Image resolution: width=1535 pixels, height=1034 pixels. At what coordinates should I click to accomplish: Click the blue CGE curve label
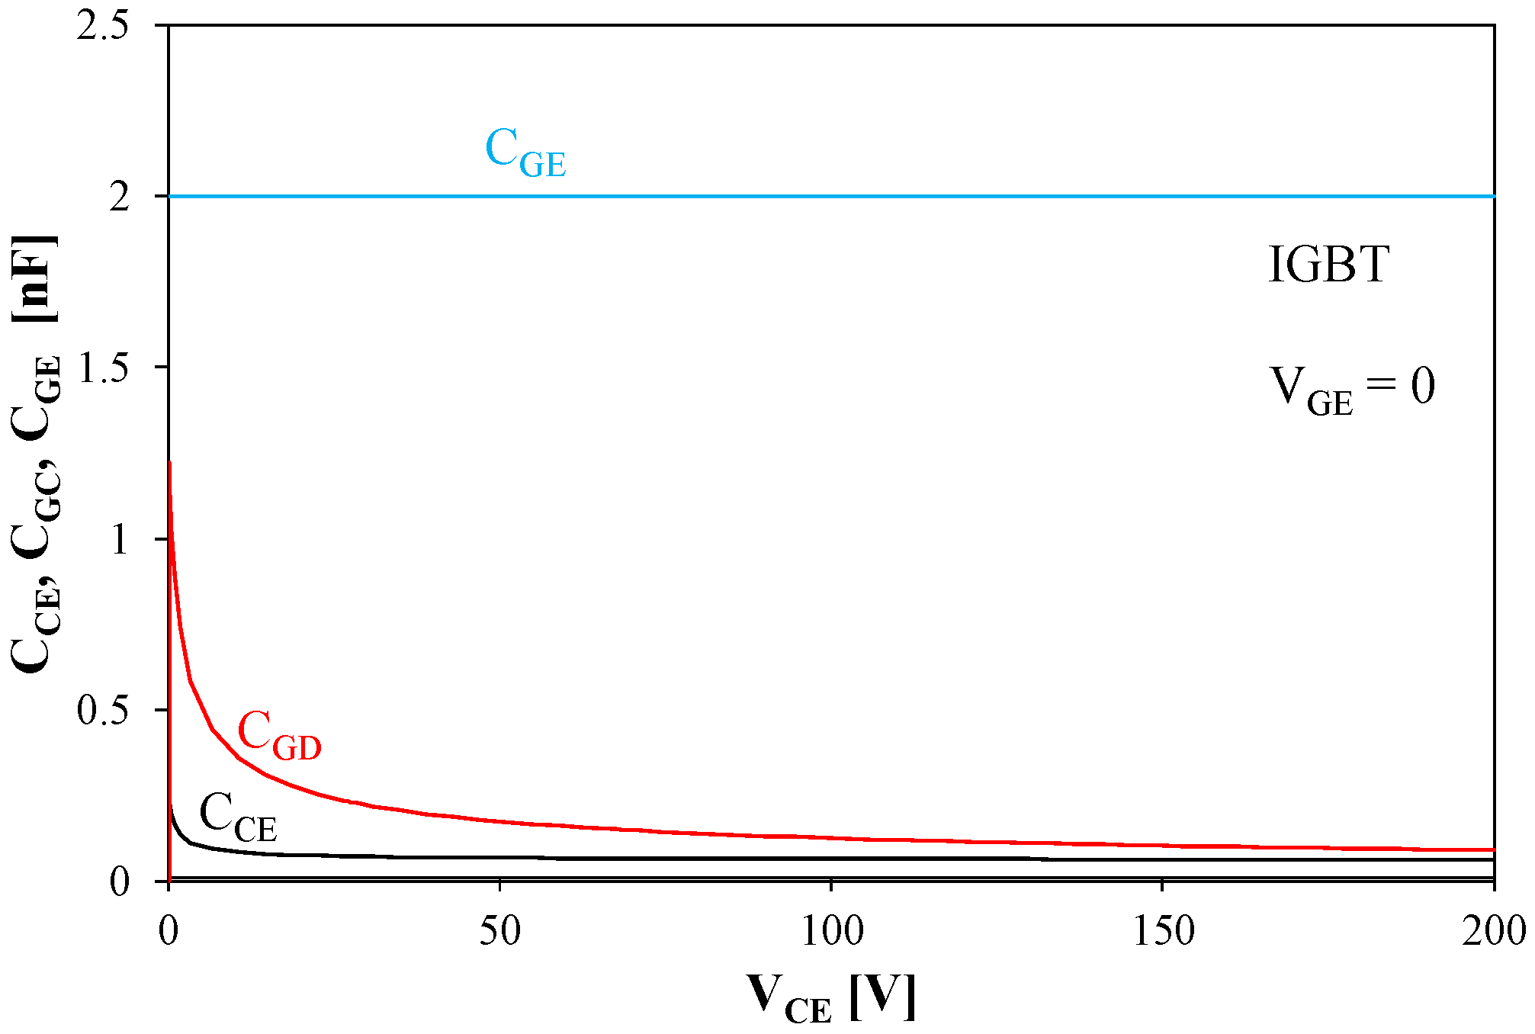(x=525, y=153)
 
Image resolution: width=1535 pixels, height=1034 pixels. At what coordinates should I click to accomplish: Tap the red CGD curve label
(x=279, y=736)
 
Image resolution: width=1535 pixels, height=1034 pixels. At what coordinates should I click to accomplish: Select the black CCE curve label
(x=238, y=817)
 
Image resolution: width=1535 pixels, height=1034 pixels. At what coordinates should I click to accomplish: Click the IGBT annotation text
(x=1328, y=265)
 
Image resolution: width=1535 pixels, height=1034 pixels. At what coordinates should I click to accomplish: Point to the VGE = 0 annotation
(x=1352, y=389)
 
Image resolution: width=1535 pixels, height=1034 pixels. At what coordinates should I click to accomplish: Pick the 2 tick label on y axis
(x=120, y=197)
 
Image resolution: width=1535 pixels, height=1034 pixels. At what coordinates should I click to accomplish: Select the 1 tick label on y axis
(x=120, y=540)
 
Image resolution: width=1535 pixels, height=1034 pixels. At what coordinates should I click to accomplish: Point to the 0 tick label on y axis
(x=120, y=882)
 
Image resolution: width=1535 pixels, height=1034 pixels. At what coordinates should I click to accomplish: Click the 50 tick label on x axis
(x=499, y=931)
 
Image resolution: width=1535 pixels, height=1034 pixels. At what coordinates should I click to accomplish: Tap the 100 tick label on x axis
(x=831, y=931)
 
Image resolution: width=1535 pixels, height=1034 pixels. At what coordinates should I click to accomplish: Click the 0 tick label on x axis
(x=169, y=931)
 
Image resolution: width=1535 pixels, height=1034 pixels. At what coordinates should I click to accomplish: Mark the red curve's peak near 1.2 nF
(x=169, y=463)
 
